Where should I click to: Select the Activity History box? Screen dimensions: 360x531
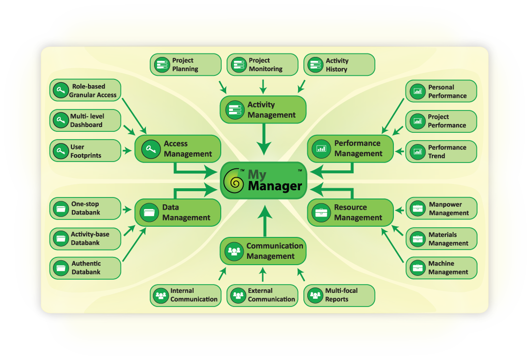point(339,65)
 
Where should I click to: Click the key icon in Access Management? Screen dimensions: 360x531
point(151,149)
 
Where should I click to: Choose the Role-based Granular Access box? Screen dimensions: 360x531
point(85,90)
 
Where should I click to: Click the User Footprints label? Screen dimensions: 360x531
point(86,151)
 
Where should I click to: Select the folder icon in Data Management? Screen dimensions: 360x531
point(149,213)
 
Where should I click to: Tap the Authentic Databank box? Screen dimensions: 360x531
point(85,268)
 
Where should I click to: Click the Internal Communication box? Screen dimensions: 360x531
point(185,295)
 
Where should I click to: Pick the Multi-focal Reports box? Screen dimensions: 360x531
point(339,295)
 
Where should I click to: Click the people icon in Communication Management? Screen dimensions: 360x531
point(234,251)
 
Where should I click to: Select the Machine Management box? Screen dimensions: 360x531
point(441,268)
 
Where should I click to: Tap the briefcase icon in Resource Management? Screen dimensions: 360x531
point(321,213)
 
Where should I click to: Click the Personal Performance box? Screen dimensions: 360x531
point(441,91)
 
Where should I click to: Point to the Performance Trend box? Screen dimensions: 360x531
point(441,152)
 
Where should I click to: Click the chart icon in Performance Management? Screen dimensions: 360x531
point(321,148)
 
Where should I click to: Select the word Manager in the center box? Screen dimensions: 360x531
point(275,186)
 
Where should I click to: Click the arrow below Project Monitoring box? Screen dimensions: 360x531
point(263,87)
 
